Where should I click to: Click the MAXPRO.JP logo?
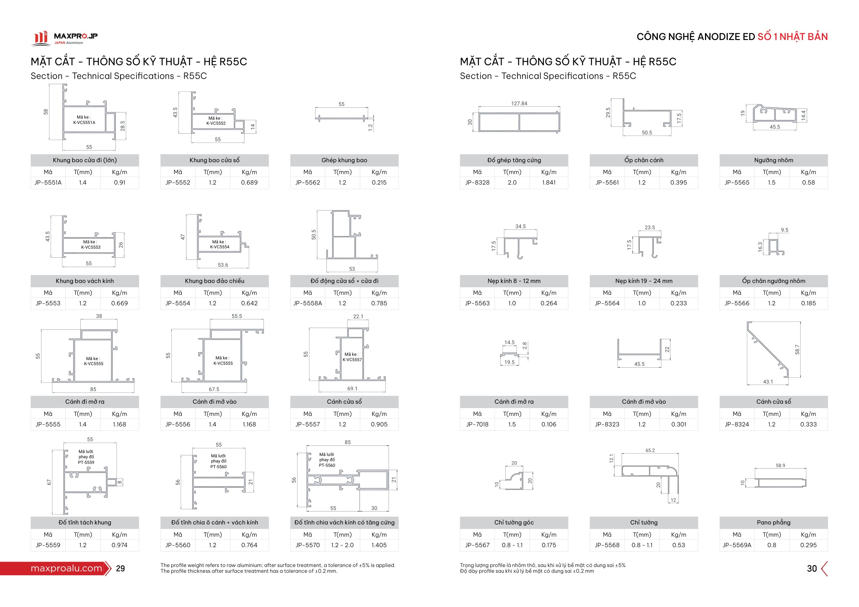coord(64,38)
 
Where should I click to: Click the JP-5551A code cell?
coord(48,182)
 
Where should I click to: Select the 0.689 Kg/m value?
coord(249,182)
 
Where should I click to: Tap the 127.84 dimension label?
coord(519,103)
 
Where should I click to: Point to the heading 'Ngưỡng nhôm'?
coord(773,160)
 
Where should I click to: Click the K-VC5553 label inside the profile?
coord(91,247)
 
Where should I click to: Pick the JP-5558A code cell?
coord(308,303)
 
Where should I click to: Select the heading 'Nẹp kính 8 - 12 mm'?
coord(514,281)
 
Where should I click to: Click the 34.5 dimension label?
coord(520,226)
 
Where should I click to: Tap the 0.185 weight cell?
coord(808,303)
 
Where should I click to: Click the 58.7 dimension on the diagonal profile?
coord(797,350)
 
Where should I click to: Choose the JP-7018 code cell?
coord(477,424)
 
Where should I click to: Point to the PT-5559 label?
coord(86,462)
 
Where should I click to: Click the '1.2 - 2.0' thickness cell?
coord(342,545)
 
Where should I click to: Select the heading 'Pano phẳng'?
coord(773,523)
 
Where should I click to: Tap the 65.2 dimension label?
coord(650,450)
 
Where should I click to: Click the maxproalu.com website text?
coord(66,568)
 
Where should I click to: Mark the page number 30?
coord(812,568)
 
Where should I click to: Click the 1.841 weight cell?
coord(549,182)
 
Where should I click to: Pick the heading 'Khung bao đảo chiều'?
coord(214,281)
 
